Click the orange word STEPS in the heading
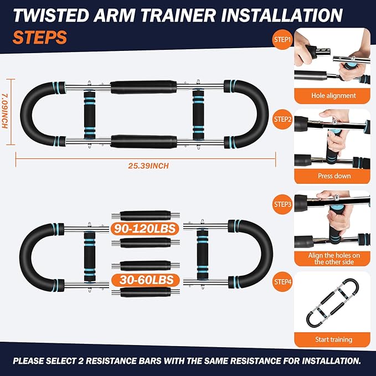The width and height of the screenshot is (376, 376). tap(39, 38)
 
